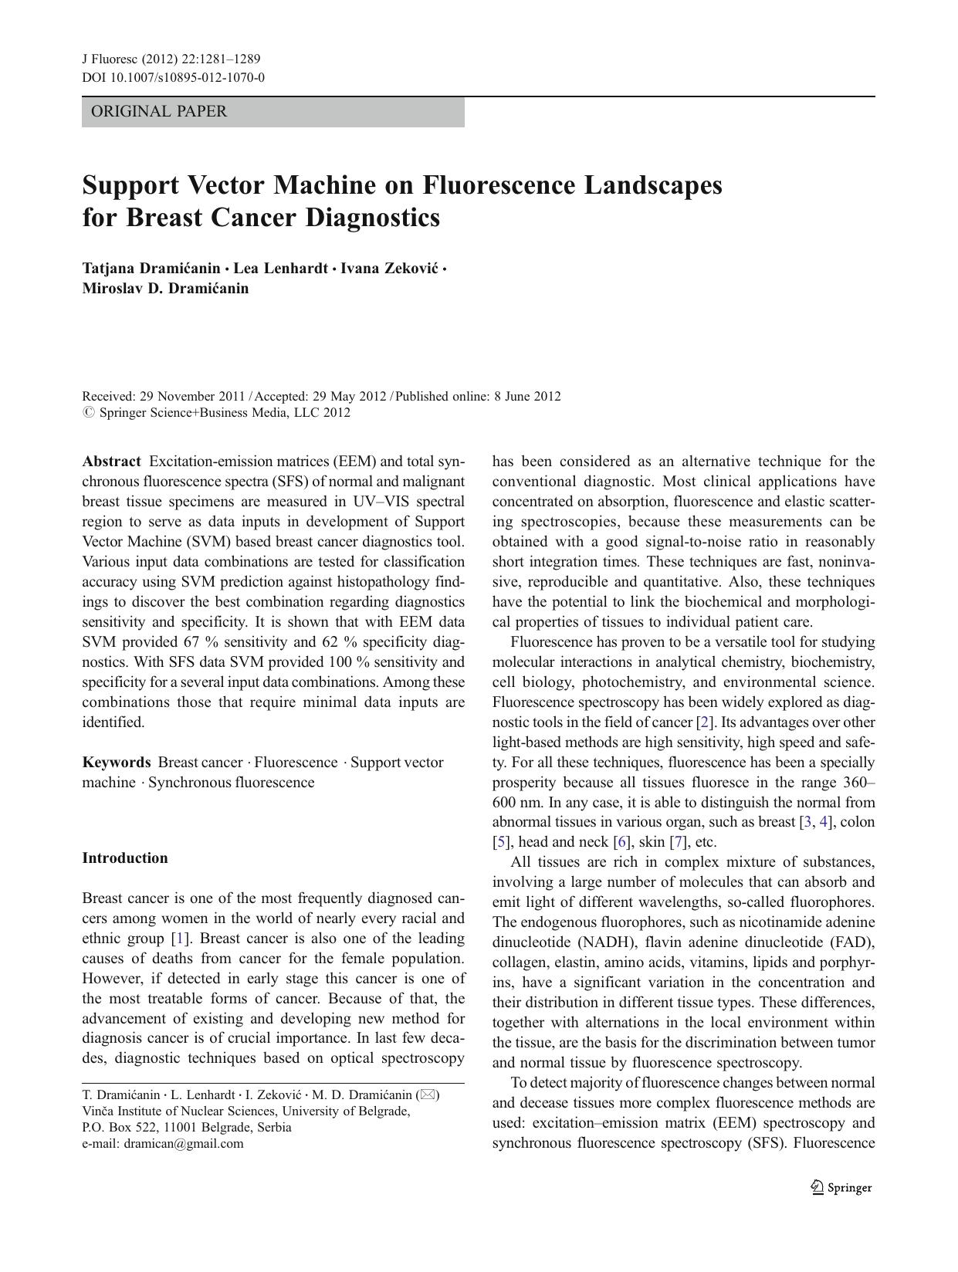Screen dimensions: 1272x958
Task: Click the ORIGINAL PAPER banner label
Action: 159,112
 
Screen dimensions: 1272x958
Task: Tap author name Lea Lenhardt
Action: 280,269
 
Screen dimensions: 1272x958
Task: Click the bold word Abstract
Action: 111,462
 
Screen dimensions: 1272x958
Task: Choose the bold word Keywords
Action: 117,763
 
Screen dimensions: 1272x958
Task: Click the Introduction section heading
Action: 125,858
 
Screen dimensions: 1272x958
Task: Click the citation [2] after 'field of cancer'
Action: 704,722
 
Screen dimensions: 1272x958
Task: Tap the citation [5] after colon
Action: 501,842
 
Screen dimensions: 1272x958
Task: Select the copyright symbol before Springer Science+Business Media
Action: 87,412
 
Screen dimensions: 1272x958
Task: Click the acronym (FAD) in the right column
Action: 852,942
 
